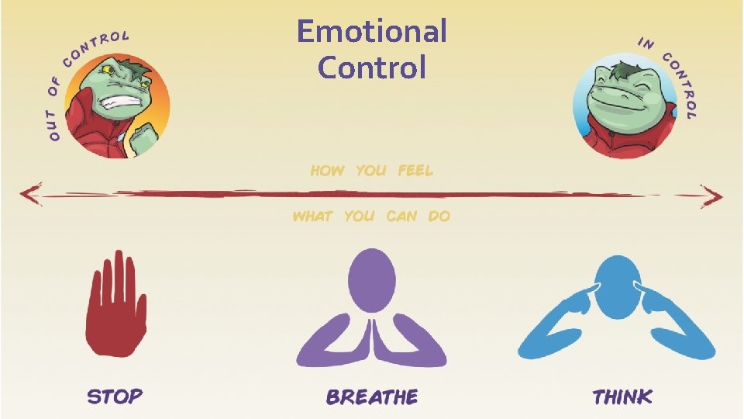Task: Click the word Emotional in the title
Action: click(x=371, y=33)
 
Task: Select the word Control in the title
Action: click(x=371, y=68)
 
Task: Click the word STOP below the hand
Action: click(x=115, y=396)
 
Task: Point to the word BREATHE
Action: click(x=371, y=397)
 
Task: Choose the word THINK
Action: click(x=622, y=397)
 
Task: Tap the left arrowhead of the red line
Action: click(x=29, y=195)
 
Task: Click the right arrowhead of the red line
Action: click(x=711, y=196)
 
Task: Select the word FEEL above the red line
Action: click(x=415, y=170)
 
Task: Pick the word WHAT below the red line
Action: click(x=313, y=216)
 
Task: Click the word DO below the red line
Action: click(x=439, y=216)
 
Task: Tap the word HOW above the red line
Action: click(x=327, y=170)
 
